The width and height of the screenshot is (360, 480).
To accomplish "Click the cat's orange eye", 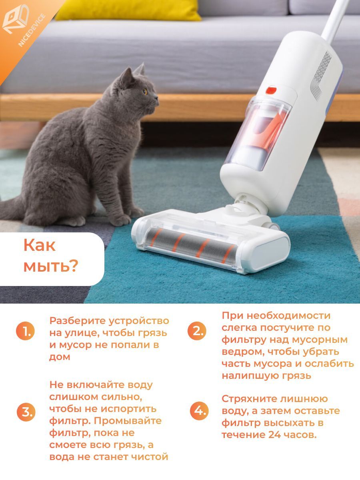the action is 145,91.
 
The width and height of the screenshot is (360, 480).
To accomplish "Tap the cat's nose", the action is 157,98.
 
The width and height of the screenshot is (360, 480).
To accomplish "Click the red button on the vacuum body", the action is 271,90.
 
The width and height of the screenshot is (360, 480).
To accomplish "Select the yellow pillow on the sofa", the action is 128,10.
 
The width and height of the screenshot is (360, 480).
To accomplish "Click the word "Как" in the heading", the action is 39,245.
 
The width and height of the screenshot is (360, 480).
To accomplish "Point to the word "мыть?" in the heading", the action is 51,266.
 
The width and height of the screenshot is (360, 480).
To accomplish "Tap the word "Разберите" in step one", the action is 78,321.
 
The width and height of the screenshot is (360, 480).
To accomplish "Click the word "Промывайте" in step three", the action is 128,421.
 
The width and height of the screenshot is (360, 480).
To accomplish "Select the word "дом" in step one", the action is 60,357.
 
